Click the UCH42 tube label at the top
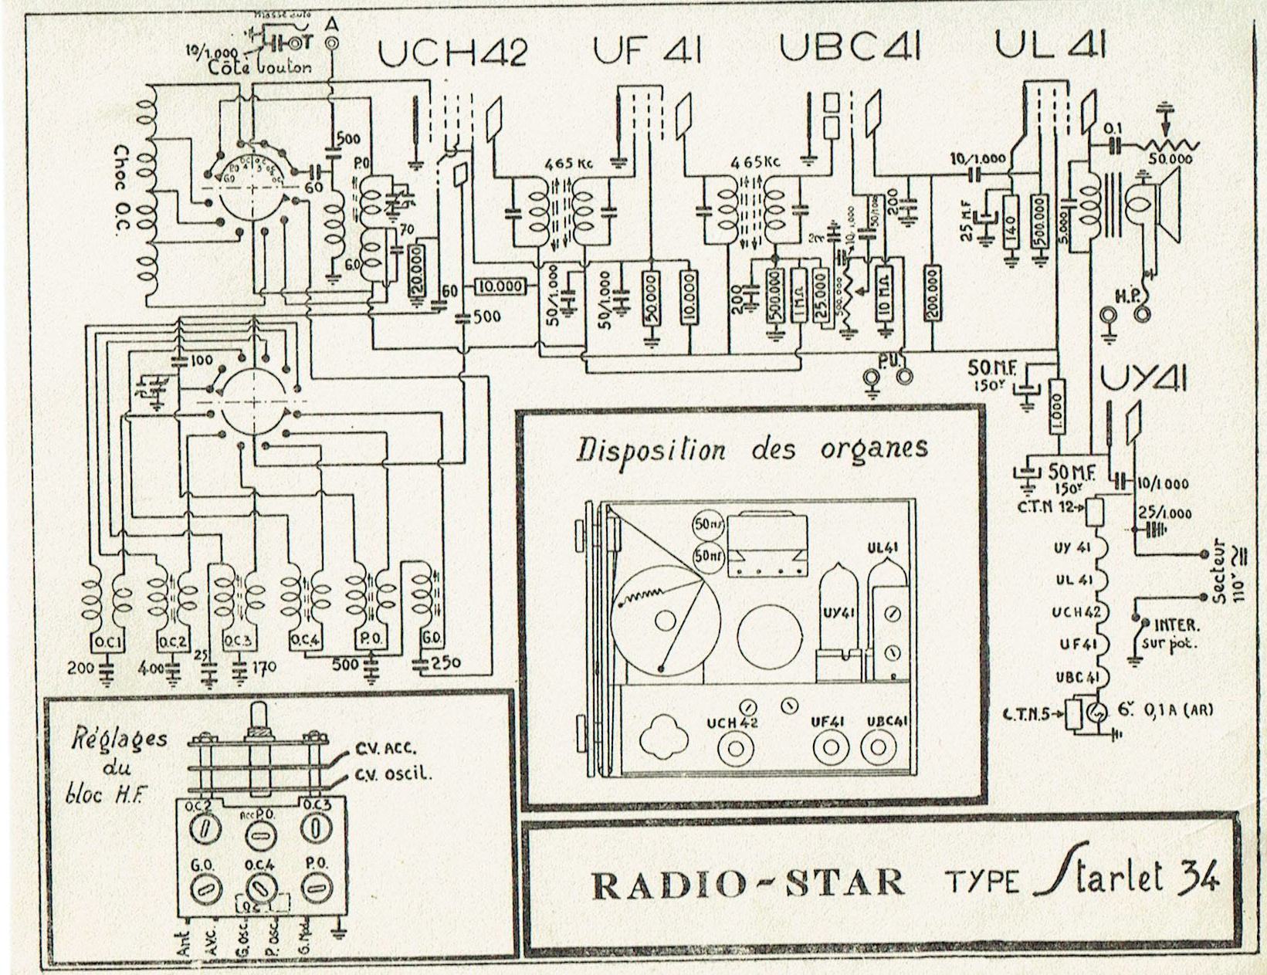tap(452, 52)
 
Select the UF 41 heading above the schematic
tap(647, 50)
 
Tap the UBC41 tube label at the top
tap(849, 48)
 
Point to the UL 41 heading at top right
tap(1050, 46)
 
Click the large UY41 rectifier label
tap(1143, 380)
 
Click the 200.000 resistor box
tap(933, 293)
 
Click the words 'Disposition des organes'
tap(753, 449)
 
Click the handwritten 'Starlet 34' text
tap(1127, 879)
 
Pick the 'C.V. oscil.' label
tap(392, 775)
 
